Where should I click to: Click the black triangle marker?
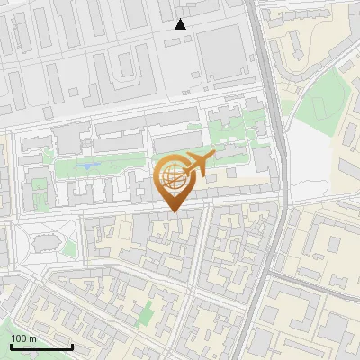point(181,24)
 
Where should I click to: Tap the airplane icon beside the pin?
point(199,164)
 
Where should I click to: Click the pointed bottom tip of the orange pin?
point(173,211)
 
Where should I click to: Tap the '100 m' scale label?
point(24,338)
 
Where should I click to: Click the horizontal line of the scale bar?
point(41,346)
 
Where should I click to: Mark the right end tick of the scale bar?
point(72,345)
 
